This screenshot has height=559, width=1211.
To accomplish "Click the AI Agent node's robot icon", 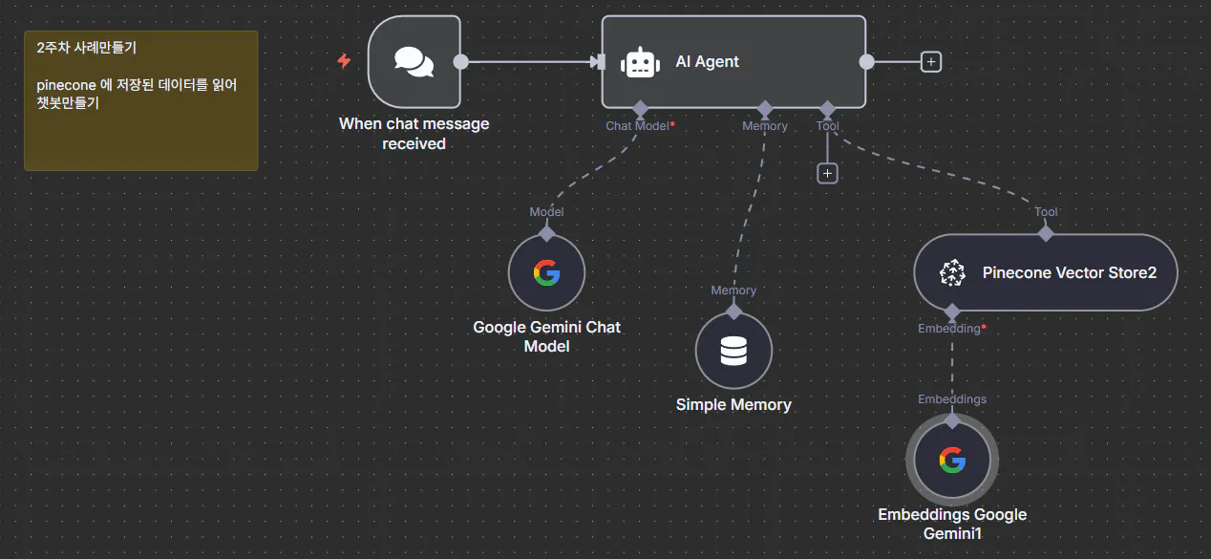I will [x=640, y=62].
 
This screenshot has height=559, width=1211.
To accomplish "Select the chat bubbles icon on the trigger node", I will [x=414, y=62].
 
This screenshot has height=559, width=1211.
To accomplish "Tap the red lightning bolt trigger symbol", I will [x=344, y=61].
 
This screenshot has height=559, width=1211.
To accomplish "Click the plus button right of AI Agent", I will [x=931, y=62].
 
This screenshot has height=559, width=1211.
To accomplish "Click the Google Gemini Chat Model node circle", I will [x=546, y=273].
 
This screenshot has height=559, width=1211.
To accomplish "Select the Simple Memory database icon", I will [x=733, y=352].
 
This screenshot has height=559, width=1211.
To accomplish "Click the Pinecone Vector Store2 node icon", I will [x=952, y=273].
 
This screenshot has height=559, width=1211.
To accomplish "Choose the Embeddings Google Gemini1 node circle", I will [x=952, y=461].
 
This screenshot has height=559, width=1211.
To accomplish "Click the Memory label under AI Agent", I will [x=765, y=126].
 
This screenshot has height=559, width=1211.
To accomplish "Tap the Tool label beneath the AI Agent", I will [x=828, y=126].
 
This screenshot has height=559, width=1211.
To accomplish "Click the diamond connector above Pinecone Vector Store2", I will [x=1046, y=232].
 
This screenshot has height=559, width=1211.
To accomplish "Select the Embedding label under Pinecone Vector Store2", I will [x=949, y=329].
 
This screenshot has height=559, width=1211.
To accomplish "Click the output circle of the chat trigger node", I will [x=460, y=62].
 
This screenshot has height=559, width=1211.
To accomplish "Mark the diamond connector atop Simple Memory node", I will [x=733, y=312].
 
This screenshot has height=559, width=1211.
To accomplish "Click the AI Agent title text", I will [x=707, y=62].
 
